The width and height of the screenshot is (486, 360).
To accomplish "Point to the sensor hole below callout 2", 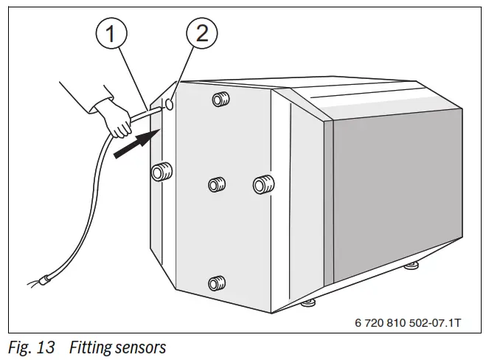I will (169, 105).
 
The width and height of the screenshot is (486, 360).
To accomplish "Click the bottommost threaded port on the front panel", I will (215, 282).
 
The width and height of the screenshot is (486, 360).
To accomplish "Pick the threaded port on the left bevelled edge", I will (159, 173).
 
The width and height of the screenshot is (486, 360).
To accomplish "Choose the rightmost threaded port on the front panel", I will (262, 184).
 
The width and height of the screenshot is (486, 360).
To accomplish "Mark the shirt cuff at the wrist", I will (95, 108).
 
